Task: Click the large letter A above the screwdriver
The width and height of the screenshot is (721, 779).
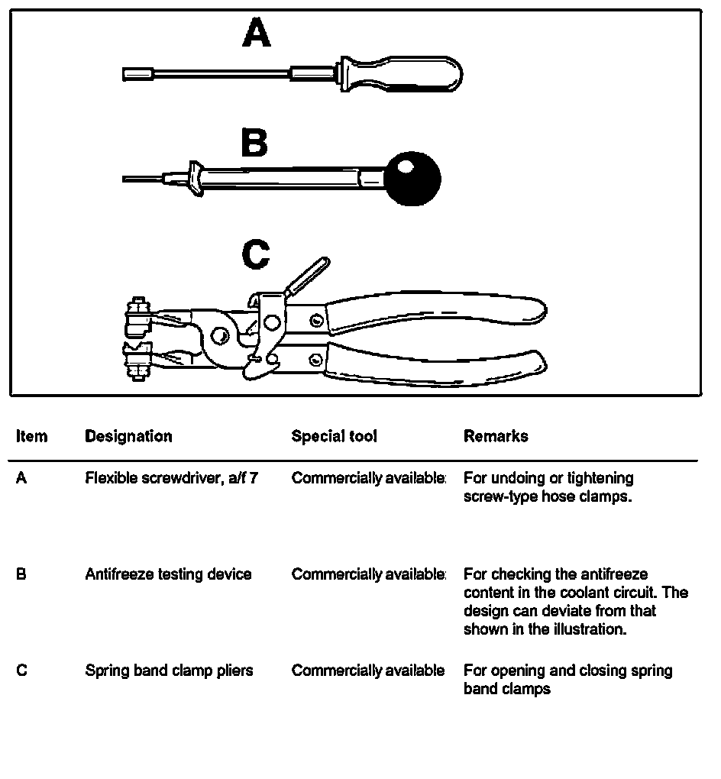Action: (257, 34)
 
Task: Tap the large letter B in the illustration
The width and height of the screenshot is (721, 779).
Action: (254, 143)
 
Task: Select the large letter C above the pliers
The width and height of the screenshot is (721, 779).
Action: (255, 255)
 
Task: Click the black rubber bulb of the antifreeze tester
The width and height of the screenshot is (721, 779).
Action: (413, 179)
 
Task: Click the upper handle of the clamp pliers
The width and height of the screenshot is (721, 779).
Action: (435, 310)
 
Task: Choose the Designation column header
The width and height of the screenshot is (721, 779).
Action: (128, 436)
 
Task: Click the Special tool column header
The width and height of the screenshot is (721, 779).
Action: (334, 436)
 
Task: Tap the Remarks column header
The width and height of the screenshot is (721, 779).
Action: (495, 436)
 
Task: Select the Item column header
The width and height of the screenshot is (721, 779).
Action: (31, 436)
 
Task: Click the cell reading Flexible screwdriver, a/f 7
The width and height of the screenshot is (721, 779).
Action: (171, 478)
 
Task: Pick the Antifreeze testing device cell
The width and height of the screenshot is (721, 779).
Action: (168, 574)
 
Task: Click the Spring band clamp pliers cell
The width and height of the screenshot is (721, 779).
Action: (169, 671)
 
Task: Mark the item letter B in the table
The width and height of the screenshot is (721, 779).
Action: (21, 574)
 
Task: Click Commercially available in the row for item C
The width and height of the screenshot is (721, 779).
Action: (367, 671)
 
